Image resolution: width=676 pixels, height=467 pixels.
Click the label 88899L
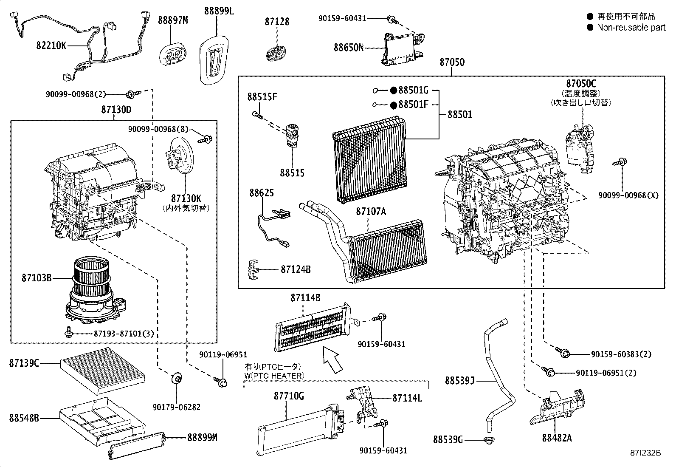pos(219,11)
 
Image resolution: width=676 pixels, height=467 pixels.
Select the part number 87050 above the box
pos(452,62)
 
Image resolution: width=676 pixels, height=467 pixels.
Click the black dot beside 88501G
pos(393,90)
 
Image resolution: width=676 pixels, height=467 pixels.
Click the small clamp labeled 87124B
pos(253,269)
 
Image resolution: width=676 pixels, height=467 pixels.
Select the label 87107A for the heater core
pos(371,211)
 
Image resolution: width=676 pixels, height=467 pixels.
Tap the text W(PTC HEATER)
pos(274,376)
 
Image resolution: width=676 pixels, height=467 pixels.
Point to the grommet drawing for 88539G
pos(490,440)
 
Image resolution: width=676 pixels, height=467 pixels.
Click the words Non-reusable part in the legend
pos(631,27)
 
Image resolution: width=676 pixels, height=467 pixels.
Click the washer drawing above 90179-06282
pos(176,378)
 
